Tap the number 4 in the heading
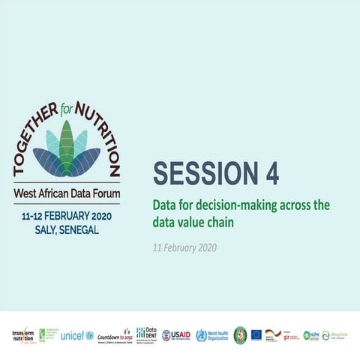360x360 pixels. click(271, 173)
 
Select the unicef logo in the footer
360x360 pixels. click(76, 335)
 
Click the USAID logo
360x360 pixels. click(176, 335)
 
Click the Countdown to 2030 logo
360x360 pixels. click(115, 335)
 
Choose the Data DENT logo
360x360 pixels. click(146, 334)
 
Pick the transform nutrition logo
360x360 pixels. click(22, 335)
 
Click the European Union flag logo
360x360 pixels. click(256, 334)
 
